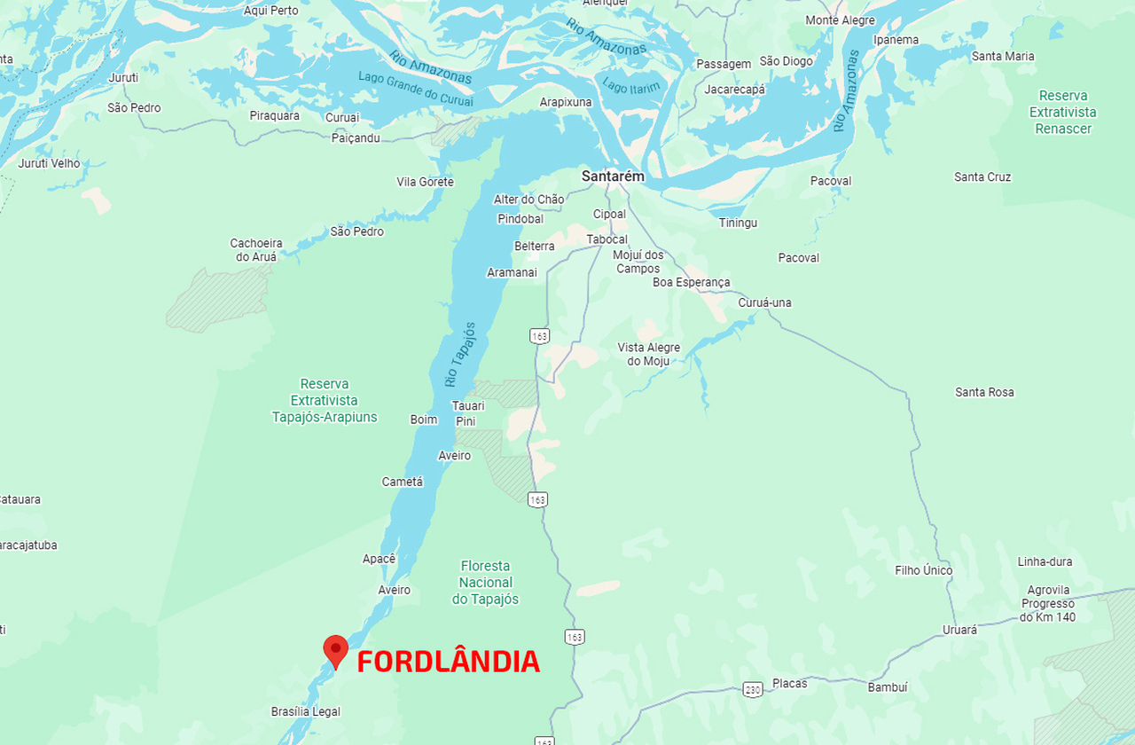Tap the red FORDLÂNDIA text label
pyautogui.click(x=448, y=662)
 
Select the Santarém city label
pyautogui.click(x=613, y=176)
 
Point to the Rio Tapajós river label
pyautogui.click(x=460, y=355)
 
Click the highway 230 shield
pyautogui.click(x=753, y=689)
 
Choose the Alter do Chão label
pyautogui.click(x=528, y=200)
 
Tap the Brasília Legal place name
pyautogui.click(x=305, y=711)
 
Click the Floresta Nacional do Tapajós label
pyautogui.click(x=485, y=583)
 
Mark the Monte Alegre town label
pyautogui.click(x=840, y=20)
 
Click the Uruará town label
pyautogui.click(x=959, y=630)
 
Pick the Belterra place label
pyautogui.click(x=535, y=246)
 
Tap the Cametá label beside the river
pyautogui.click(x=403, y=482)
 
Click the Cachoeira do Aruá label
pyautogui.click(x=255, y=250)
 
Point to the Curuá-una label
pyautogui.click(x=764, y=302)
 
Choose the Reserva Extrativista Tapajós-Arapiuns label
pyautogui.click(x=325, y=400)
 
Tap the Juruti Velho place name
pyautogui.click(x=49, y=163)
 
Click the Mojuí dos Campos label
pyautogui.click(x=638, y=262)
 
